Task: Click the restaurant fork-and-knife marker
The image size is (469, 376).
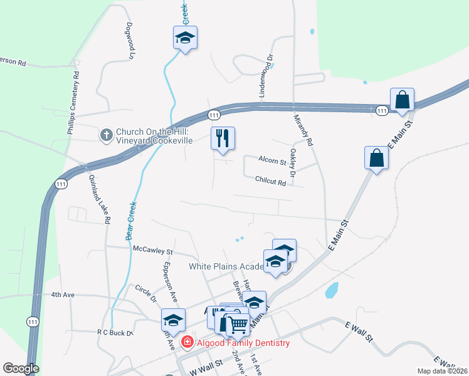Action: (x=222, y=138)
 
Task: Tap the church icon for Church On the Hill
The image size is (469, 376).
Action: (x=106, y=135)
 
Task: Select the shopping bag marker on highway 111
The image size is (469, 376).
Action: (x=402, y=100)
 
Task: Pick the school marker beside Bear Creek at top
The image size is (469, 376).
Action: (x=185, y=38)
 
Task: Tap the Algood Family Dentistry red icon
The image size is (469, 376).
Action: (x=187, y=342)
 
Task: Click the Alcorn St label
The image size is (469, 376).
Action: (x=272, y=162)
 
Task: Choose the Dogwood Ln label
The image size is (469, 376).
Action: (x=130, y=41)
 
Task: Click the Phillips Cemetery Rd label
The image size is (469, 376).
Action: (x=73, y=100)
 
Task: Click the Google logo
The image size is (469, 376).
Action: (x=21, y=368)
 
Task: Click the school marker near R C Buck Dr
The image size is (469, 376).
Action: (x=173, y=320)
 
